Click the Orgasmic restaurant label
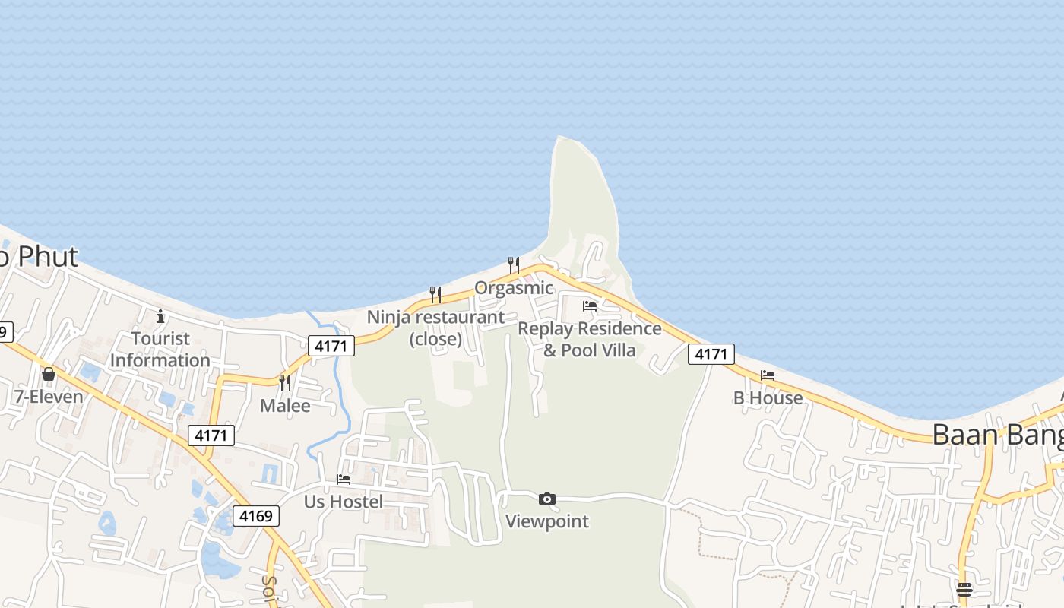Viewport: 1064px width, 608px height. coord(514,288)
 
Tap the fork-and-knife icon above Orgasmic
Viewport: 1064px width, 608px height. coord(514,265)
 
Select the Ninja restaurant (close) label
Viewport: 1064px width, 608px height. coord(435,328)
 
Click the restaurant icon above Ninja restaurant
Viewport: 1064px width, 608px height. coord(435,294)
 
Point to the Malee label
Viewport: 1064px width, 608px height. coord(285,406)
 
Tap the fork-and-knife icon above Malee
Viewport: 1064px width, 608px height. coord(285,382)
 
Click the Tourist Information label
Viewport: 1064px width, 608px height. coord(160,350)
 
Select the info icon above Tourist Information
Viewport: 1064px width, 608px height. coord(160,316)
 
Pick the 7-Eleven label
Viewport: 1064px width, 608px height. coord(49,396)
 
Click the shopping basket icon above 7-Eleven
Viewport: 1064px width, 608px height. coord(49,374)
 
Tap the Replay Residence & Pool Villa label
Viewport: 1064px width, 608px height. coord(590,339)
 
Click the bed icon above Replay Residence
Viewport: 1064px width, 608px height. coord(590,306)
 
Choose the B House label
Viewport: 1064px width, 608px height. coord(768,398)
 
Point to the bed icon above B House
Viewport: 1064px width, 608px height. coord(768,375)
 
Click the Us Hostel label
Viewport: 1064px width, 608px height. coord(344,502)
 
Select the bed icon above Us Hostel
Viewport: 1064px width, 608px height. coord(344,480)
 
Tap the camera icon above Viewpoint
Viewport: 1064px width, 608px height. coord(547,499)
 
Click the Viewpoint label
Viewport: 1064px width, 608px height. coord(547,521)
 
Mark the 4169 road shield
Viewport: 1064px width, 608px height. coord(256,516)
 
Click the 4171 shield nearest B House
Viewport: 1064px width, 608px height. coord(712,353)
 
